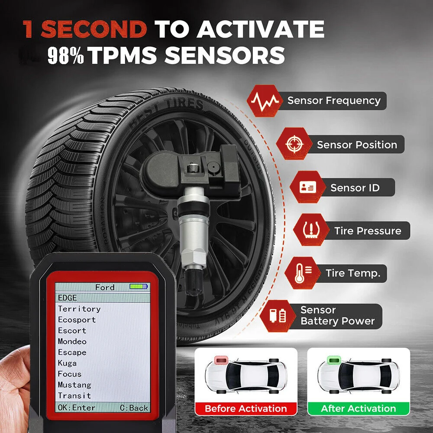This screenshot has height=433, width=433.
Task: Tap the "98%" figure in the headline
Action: pos(65,56)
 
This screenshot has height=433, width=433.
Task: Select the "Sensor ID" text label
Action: pos(355,187)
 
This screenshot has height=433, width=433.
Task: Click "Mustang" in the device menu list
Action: pos(74,385)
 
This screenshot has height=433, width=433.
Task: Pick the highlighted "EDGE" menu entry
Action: pos(68,298)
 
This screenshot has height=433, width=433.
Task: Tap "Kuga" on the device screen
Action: pos(67,363)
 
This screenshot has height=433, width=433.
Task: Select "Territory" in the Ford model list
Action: pos(79,309)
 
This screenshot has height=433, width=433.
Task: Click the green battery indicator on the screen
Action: pos(139,287)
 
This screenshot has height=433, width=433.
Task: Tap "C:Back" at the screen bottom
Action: pos(134,407)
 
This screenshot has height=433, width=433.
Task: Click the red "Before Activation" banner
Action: pos(246,408)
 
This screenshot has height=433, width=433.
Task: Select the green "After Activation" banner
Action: pos(358,408)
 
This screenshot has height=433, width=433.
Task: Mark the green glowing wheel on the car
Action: pos(333,361)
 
